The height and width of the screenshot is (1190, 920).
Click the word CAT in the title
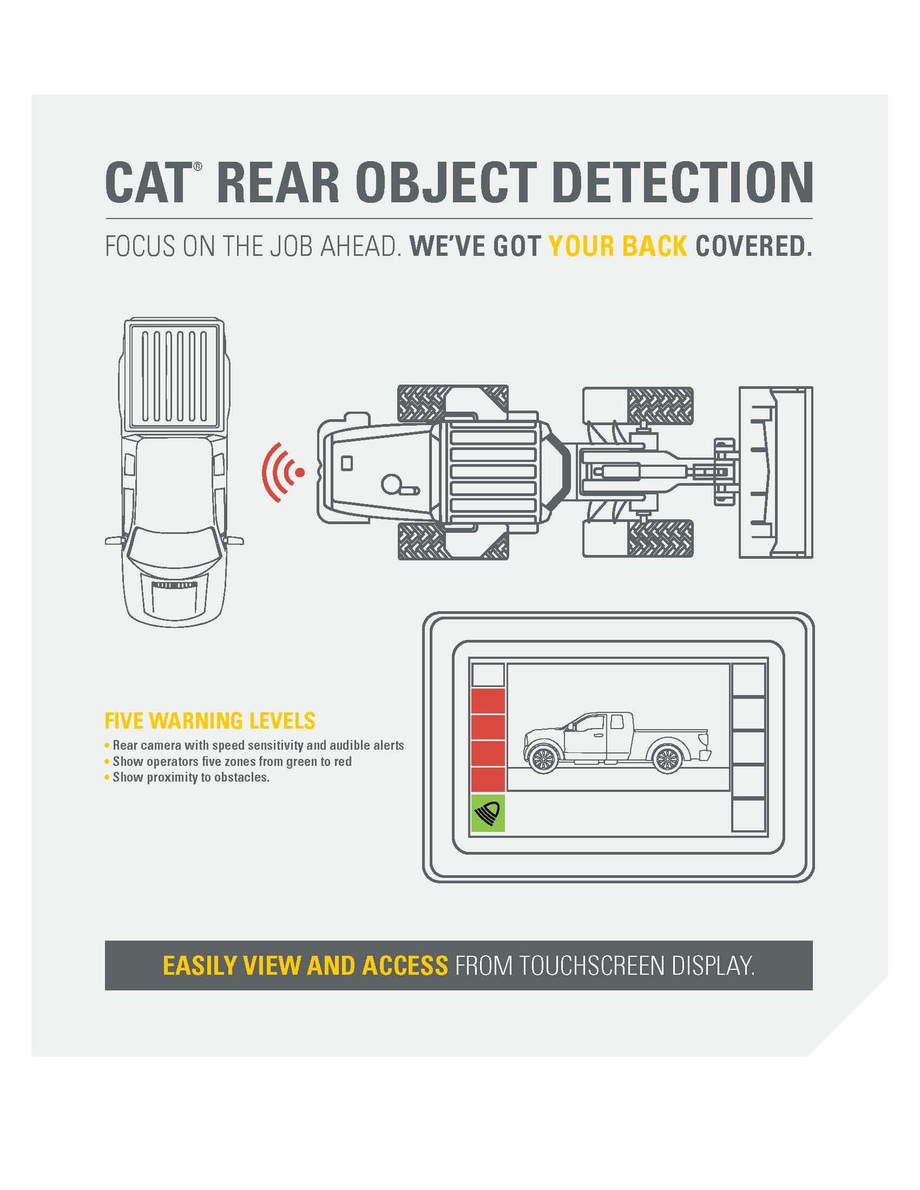[146, 182]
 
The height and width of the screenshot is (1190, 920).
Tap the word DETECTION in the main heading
[682, 182]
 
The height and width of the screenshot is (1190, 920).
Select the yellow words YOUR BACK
[617, 246]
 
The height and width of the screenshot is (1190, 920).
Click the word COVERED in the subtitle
[754, 246]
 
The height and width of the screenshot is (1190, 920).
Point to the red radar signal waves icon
[282, 472]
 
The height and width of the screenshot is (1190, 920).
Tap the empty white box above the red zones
[488, 676]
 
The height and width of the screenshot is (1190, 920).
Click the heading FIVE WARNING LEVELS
[210, 720]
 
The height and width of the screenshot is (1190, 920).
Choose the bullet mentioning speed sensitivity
[254, 745]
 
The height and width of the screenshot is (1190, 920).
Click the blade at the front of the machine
[776, 472]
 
